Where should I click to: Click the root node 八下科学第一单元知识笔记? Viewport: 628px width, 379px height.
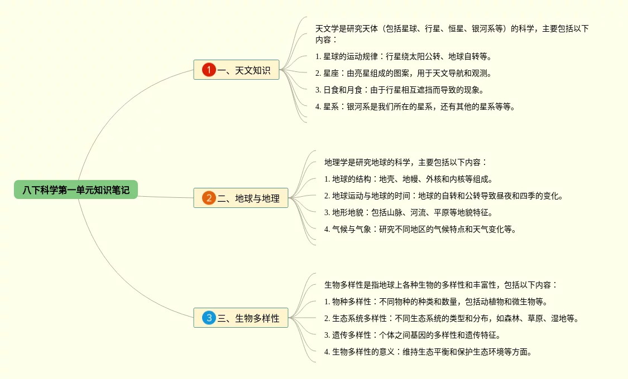point(75,190)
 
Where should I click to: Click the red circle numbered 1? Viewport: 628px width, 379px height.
point(209,70)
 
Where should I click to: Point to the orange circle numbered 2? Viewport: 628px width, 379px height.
point(209,198)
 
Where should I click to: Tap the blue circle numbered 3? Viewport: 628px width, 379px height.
point(209,318)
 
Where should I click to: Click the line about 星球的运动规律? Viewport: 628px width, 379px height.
point(403,56)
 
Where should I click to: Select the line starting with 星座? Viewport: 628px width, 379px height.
point(403,73)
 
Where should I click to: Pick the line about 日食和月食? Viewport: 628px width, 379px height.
point(399,90)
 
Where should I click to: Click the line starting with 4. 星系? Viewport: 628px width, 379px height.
point(415,106)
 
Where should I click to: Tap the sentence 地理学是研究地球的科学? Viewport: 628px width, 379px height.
point(406,162)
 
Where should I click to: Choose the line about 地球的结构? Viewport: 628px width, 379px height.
point(409,179)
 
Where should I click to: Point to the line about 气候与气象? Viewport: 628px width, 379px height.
point(420,229)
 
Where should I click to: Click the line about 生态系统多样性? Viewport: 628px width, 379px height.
point(451,318)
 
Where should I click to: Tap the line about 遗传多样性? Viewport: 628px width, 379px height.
point(413,335)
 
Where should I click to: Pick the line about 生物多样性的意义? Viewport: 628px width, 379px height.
point(428,352)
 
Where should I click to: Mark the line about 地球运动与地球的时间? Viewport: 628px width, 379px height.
point(444,196)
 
